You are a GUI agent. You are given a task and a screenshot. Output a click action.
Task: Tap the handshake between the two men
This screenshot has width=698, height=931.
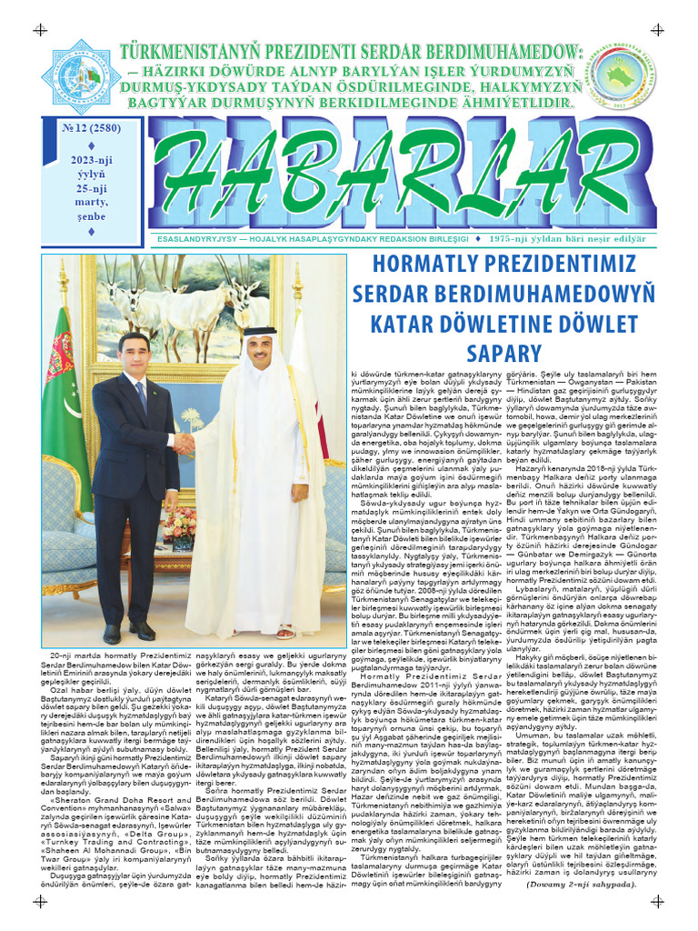(184, 444)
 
